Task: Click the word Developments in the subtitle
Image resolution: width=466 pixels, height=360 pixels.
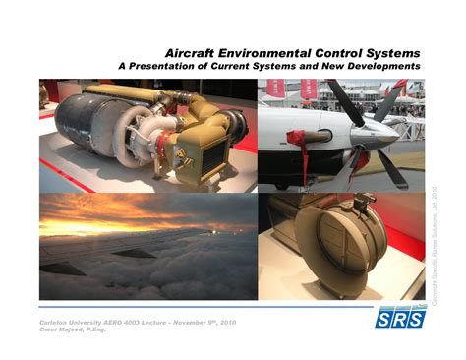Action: coord(377,65)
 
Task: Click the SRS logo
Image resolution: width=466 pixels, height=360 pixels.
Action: coord(401,320)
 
